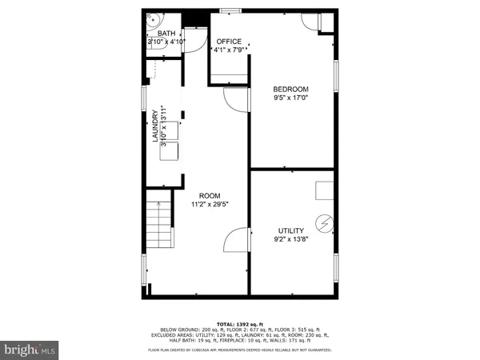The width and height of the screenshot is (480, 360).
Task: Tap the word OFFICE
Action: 229,42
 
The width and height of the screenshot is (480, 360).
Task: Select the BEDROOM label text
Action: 290,89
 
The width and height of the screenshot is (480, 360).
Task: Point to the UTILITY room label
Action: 290,230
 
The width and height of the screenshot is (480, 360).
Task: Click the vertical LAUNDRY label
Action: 156,127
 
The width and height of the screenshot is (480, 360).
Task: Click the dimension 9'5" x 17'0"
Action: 290,99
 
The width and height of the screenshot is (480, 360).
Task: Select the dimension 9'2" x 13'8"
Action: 290,240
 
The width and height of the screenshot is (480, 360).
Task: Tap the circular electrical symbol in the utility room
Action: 325,222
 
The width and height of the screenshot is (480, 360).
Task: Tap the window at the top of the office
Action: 230,10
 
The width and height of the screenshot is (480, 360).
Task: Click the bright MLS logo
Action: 30,350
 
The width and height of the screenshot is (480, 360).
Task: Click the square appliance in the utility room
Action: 324,190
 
